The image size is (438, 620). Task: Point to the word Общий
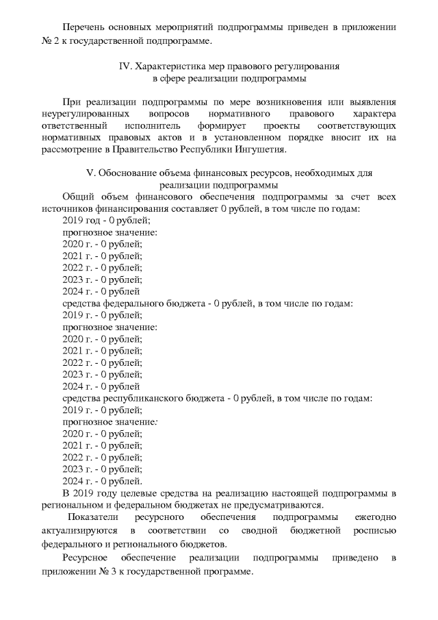pos(77,197)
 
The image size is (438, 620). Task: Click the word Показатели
pos(94,518)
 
